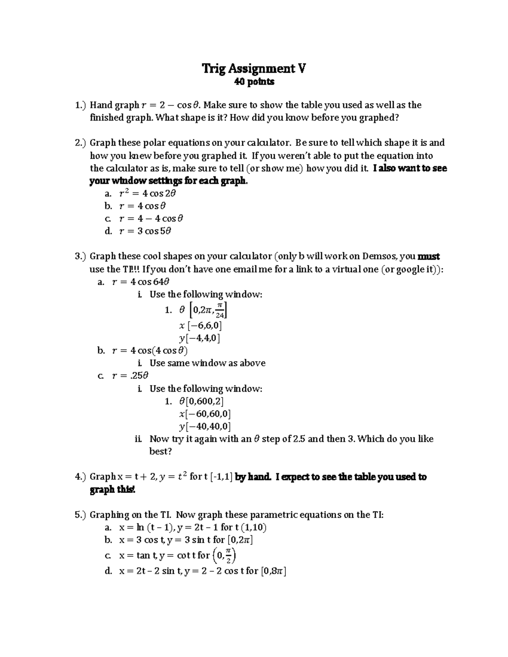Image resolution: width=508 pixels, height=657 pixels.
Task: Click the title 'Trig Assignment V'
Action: [254, 68]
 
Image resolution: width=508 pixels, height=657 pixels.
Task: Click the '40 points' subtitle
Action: [254, 82]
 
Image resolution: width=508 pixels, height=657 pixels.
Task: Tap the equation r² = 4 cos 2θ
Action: [147, 193]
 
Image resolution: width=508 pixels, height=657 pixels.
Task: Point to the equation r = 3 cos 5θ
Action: [145, 231]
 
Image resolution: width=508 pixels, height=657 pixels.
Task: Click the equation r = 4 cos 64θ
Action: [141, 282]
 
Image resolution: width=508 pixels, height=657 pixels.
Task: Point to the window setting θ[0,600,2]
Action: [202, 401]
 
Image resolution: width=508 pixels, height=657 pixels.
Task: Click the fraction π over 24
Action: [220, 311]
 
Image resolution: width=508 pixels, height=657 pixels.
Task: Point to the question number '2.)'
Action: [80, 143]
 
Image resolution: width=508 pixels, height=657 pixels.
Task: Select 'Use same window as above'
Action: [207, 363]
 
